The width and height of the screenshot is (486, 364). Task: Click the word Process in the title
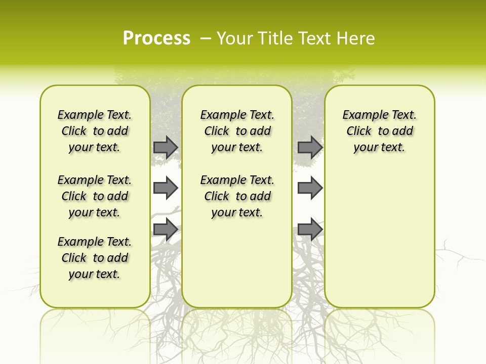point(156,38)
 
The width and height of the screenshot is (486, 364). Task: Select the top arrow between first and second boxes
point(166,147)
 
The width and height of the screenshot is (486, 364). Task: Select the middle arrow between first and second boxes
point(166,188)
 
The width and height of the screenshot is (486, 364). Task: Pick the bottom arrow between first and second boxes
point(166,229)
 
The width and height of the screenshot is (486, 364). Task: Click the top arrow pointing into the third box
point(310,147)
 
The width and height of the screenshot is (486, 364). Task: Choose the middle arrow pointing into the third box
point(310,188)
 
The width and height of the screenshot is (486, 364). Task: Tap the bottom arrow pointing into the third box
point(310,229)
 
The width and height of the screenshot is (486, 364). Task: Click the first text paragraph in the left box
point(95,131)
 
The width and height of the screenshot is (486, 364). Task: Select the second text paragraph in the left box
point(95,196)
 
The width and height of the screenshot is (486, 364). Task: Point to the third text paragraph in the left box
point(95,258)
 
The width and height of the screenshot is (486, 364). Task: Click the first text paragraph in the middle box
point(237,131)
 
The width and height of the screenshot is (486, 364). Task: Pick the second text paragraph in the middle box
point(237,196)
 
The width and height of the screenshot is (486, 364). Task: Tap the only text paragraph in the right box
point(379,131)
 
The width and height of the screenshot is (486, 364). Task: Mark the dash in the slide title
point(206,38)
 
